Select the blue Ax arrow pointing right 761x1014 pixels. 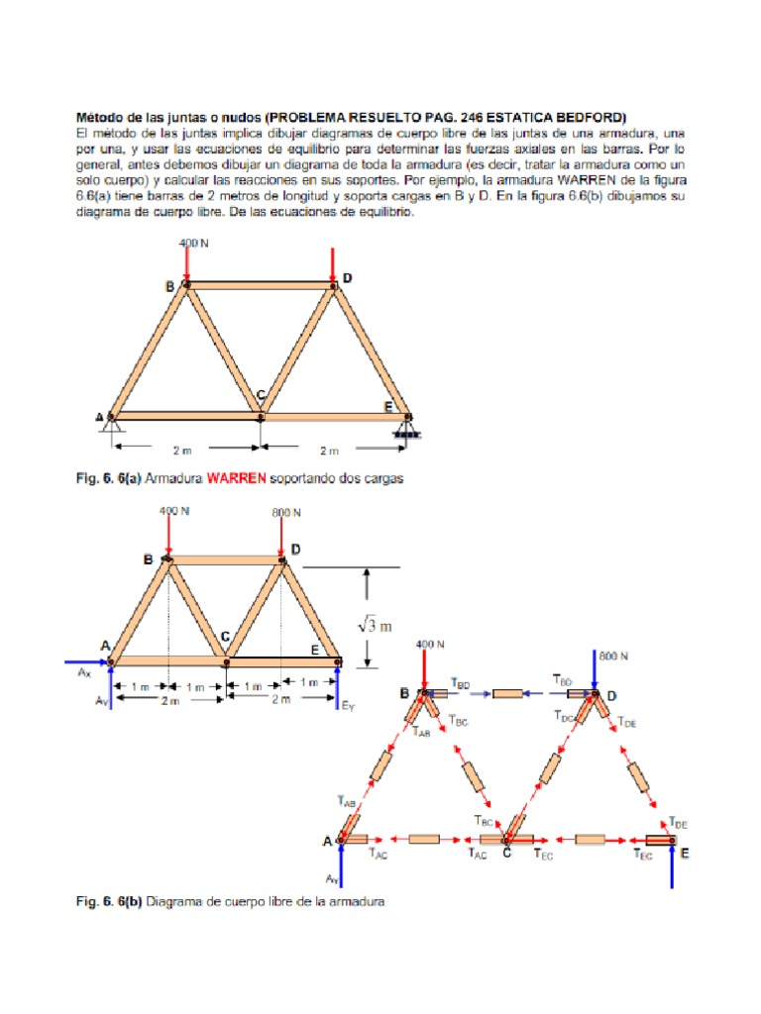(86, 660)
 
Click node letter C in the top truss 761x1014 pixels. (261, 396)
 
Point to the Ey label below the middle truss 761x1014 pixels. (347, 707)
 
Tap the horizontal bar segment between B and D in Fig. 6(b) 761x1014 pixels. (507, 693)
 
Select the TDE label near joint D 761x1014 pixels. (628, 724)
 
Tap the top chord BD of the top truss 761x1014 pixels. (261, 285)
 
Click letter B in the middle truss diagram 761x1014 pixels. (148, 559)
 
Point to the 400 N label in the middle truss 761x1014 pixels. (174, 512)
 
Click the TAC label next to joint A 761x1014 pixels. (376, 853)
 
